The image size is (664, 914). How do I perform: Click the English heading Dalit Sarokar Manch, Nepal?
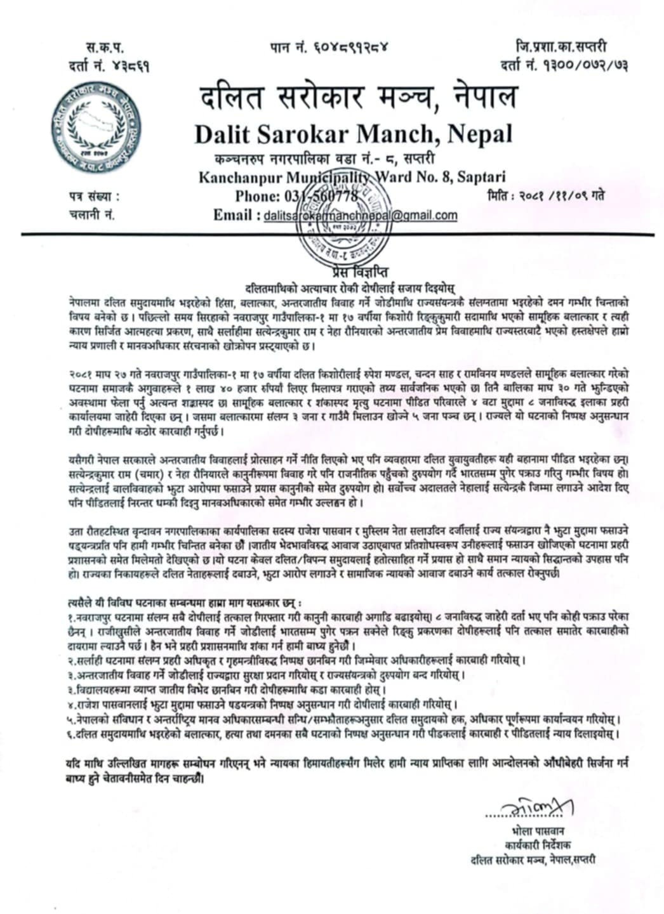click(353, 134)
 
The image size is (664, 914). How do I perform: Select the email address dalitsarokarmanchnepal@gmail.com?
click(360, 215)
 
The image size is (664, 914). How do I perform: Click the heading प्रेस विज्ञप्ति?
click(356, 273)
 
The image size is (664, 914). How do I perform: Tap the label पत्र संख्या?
click(94, 196)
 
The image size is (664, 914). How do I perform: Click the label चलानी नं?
click(92, 214)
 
